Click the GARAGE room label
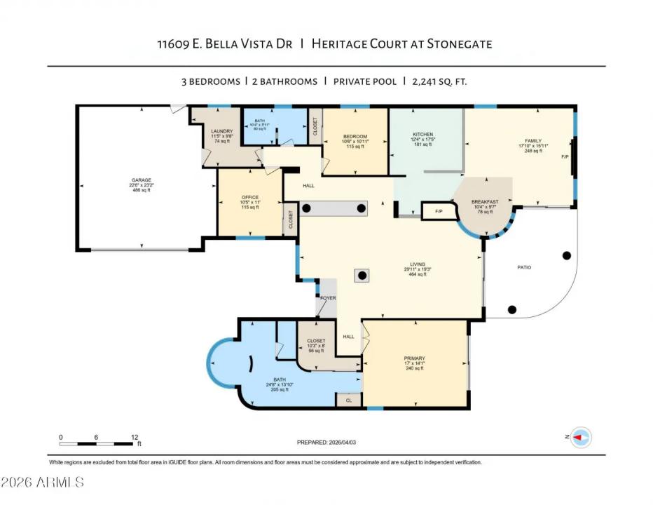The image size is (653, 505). [142, 180]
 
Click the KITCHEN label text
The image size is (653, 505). [422, 134]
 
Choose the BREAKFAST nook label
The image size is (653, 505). [485, 201]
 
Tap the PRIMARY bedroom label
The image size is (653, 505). [414, 358]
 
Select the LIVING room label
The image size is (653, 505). [419, 264]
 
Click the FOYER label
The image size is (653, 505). [328, 298]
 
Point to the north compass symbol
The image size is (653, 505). [580, 438]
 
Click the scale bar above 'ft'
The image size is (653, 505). [97, 443]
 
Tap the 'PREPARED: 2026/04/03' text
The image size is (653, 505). [331, 443]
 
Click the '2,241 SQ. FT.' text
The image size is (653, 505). [439, 81]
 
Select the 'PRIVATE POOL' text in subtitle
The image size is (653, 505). [364, 81]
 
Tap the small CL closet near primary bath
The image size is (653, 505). [348, 400]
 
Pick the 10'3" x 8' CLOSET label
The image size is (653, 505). [316, 341]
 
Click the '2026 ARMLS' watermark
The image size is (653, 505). [43, 483]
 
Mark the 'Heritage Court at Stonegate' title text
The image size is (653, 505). [402, 44]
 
